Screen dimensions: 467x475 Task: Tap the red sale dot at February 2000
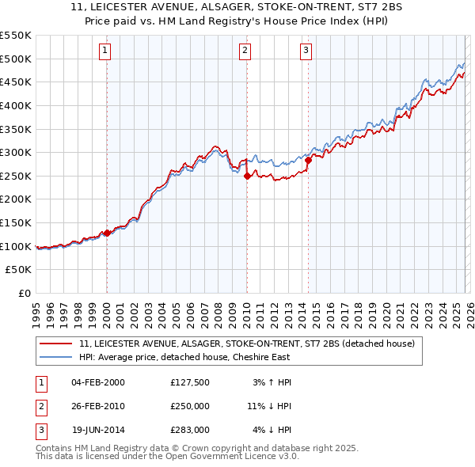pos(107,233)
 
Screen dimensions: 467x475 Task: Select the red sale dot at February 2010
pos(247,176)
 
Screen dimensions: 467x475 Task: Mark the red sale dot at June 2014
pos(307,161)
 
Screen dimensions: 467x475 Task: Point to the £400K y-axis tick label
pos(16,105)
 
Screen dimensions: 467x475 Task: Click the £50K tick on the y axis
pos(19,270)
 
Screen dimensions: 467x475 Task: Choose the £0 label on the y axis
pos(24,294)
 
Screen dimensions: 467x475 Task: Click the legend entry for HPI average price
pos(184,357)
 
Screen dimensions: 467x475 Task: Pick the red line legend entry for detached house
pos(252,344)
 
